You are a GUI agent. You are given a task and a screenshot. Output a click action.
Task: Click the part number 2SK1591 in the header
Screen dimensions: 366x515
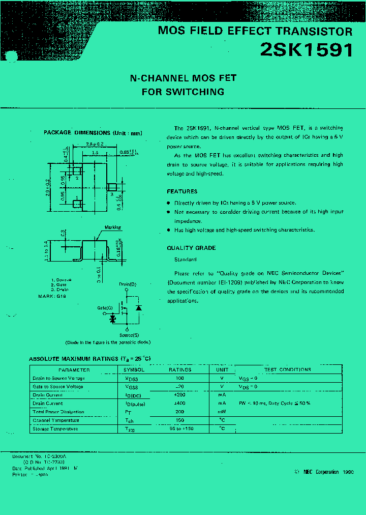(x=306, y=50)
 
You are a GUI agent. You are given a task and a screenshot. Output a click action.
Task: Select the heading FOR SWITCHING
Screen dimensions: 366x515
(x=183, y=92)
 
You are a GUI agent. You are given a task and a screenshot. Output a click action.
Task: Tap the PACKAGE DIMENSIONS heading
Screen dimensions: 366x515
(x=93, y=133)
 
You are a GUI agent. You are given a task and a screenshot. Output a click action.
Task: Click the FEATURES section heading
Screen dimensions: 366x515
(x=182, y=191)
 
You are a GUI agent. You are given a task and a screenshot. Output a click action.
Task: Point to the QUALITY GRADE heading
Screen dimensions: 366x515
(x=191, y=248)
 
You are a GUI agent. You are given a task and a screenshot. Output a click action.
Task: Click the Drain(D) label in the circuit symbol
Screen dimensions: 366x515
(x=128, y=284)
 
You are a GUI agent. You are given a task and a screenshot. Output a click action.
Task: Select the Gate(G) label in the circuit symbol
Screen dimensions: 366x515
(x=105, y=308)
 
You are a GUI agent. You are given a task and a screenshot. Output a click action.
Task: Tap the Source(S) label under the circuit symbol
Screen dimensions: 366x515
(x=129, y=335)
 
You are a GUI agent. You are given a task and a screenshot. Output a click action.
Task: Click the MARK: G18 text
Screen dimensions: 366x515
(x=52, y=296)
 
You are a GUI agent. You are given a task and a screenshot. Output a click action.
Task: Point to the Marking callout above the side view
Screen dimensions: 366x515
(x=112, y=227)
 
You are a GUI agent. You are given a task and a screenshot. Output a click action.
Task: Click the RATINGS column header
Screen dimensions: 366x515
(x=180, y=369)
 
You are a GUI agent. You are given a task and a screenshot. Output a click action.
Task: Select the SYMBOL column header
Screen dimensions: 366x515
(x=134, y=369)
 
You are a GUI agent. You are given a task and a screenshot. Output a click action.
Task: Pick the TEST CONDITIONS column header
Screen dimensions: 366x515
(x=288, y=369)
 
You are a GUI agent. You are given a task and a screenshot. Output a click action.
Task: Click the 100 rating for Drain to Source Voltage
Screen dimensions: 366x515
(x=179, y=378)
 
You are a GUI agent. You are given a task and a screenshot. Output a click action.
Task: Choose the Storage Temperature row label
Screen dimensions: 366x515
(x=55, y=428)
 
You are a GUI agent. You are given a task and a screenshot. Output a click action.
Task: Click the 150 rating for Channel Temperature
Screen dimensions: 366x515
(x=179, y=420)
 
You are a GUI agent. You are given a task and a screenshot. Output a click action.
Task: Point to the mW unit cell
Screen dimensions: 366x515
(x=222, y=412)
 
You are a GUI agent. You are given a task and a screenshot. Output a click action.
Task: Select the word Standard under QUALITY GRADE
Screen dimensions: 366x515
(x=186, y=260)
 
